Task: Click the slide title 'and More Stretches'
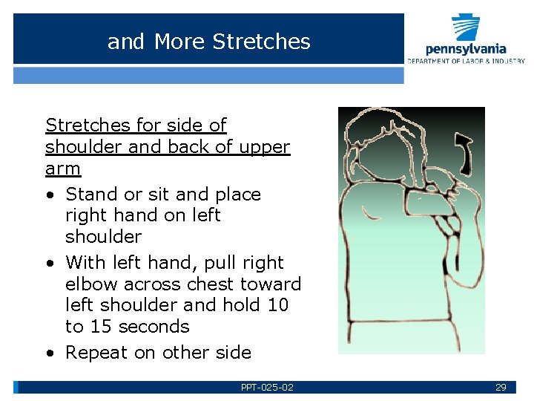208,42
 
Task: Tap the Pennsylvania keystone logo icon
467,28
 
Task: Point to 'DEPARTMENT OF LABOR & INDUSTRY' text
465,61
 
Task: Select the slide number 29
501,388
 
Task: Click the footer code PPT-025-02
267,388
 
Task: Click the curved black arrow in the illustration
464,152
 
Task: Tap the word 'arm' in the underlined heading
63,168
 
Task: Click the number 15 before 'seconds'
100,327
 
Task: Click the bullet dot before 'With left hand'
48,264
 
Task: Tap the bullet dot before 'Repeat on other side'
48,353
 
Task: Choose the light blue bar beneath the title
208,75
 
